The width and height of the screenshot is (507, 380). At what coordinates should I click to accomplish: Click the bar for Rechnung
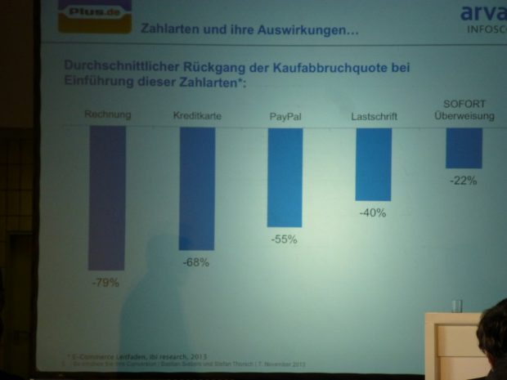coord(107,197)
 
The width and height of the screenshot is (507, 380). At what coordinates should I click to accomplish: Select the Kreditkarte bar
coord(196,188)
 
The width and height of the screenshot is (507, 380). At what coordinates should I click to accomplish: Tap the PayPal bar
coord(285,177)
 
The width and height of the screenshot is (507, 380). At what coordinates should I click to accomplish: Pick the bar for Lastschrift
coord(373,163)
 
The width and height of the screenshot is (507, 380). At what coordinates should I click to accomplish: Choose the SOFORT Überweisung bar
coord(464,147)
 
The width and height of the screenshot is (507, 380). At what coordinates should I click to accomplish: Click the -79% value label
coord(106,283)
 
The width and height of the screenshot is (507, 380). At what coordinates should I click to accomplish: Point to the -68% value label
coord(196,262)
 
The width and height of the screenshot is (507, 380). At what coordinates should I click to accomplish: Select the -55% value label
coord(284,239)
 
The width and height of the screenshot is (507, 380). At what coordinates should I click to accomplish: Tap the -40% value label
coord(372,212)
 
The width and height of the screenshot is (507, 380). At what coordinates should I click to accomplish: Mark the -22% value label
coord(463,181)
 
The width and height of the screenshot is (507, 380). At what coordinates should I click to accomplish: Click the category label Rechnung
coord(107,115)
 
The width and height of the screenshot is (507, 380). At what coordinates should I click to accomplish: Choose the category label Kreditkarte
coord(197,117)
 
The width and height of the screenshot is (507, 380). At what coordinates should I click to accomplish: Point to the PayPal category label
coord(285,117)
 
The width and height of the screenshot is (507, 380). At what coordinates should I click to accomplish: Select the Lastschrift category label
coord(374,117)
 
